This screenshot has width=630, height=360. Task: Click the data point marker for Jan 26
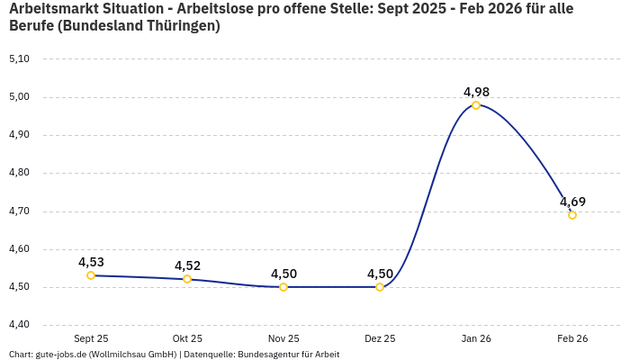click(x=476, y=105)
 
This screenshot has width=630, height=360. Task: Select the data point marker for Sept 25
click(x=91, y=275)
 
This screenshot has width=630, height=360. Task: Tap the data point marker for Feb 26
click(x=572, y=215)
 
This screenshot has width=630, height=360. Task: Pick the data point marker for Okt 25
click(x=187, y=279)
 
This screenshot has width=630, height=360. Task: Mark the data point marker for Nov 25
click(x=283, y=287)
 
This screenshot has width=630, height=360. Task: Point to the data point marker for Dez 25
click(x=380, y=287)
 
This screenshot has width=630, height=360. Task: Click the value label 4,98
click(x=476, y=92)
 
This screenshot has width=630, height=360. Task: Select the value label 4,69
click(x=572, y=202)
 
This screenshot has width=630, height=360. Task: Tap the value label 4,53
click(x=91, y=262)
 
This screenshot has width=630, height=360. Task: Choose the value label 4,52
click(x=187, y=265)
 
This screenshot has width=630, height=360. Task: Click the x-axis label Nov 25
click(x=283, y=338)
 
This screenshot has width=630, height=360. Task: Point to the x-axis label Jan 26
click(x=476, y=338)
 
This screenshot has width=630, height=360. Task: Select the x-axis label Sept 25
click(x=91, y=338)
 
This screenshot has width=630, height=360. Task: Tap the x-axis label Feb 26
click(x=572, y=338)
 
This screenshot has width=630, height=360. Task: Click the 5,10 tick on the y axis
click(x=19, y=58)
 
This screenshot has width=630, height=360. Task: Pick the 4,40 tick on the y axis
click(x=19, y=325)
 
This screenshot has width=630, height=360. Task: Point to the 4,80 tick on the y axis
click(x=19, y=173)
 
